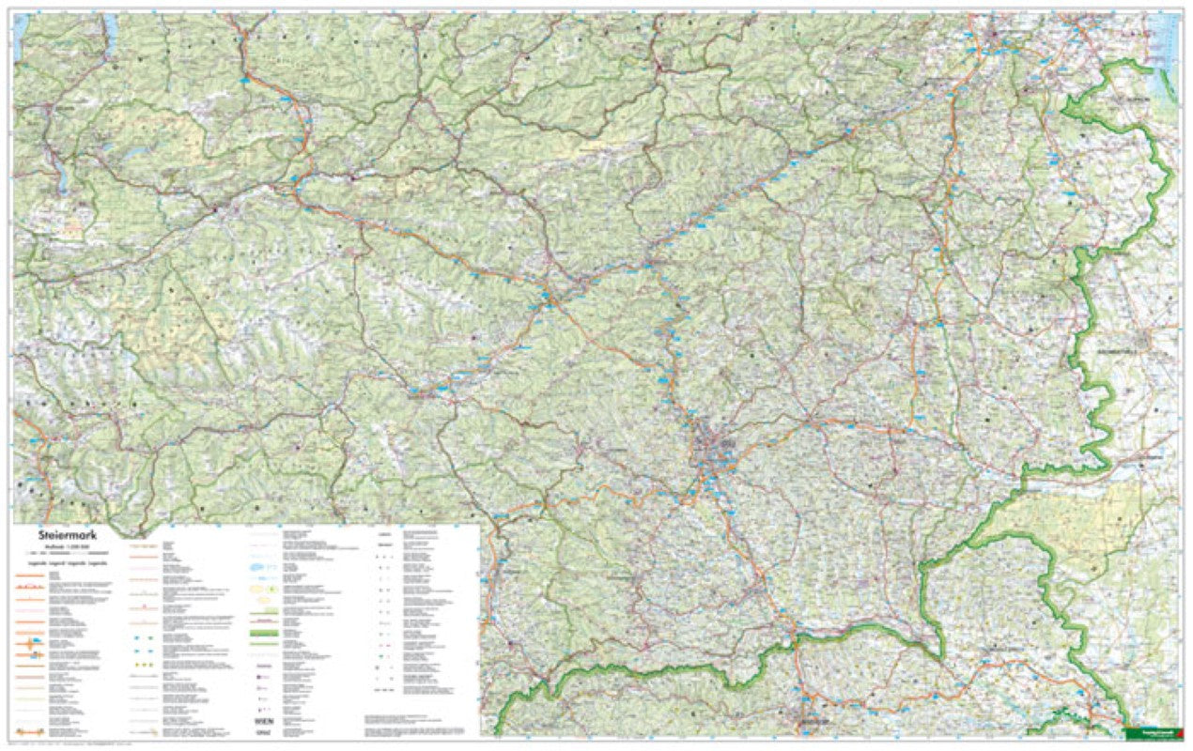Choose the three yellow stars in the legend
[x=144, y=665]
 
